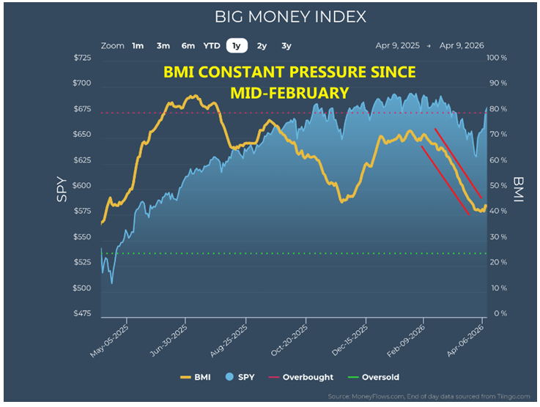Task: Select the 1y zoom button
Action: click(x=236, y=45)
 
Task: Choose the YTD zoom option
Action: click(x=211, y=45)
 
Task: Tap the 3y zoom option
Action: click(x=286, y=45)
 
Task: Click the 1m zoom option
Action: click(x=138, y=45)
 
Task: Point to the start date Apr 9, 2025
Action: click(x=397, y=45)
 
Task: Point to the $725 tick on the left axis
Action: click(x=82, y=58)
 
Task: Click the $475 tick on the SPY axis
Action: click(x=82, y=314)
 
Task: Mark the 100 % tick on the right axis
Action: click(x=498, y=58)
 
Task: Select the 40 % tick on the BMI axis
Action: click(x=498, y=212)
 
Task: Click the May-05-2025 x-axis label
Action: click(x=110, y=340)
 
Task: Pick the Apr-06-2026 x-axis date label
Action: click(x=466, y=340)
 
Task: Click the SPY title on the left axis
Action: click(x=62, y=190)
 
